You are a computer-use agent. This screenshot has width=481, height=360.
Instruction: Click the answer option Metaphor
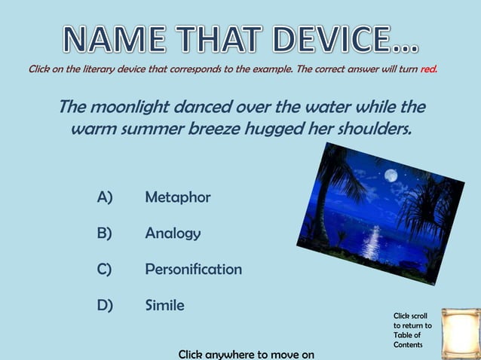(x=177, y=197)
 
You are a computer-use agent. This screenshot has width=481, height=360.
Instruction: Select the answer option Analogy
(x=173, y=233)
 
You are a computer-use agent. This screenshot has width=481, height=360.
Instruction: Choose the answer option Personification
(x=193, y=269)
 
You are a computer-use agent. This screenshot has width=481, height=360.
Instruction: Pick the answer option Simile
(x=164, y=305)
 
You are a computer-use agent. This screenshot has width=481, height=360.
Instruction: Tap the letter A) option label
(x=105, y=197)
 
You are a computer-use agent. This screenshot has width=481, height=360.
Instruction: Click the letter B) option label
(x=105, y=233)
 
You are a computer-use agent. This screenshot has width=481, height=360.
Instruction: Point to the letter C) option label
(x=105, y=269)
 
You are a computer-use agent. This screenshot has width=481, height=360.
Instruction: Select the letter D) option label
(x=105, y=305)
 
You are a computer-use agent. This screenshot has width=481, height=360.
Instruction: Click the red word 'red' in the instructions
(x=429, y=69)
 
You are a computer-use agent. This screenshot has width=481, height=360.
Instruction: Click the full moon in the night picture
(x=390, y=175)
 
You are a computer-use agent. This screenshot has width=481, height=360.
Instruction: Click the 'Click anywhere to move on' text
(x=246, y=353)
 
